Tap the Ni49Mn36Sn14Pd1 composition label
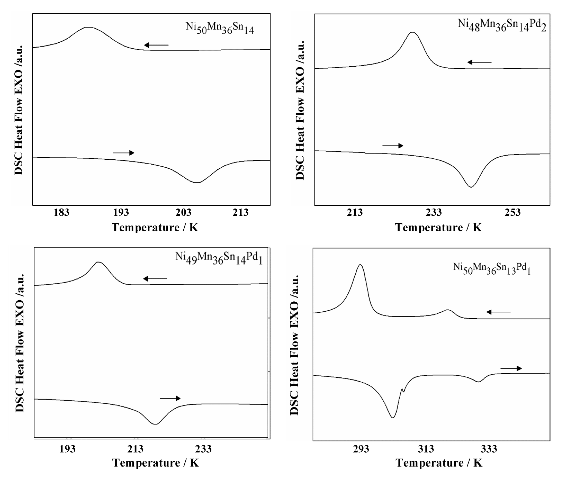pos(219,258)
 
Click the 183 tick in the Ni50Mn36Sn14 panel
pos(61,212)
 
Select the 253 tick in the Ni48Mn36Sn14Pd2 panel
pos(513,212)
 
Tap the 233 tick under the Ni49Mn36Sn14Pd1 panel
pos(203,449)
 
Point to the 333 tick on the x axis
pos(489,449)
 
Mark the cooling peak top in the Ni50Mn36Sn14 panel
pos(88,27)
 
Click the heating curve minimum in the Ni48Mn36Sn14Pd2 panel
pos(471,187)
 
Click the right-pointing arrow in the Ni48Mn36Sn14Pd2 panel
pos(393,146)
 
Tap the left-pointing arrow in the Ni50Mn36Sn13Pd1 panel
pos(498,312)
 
